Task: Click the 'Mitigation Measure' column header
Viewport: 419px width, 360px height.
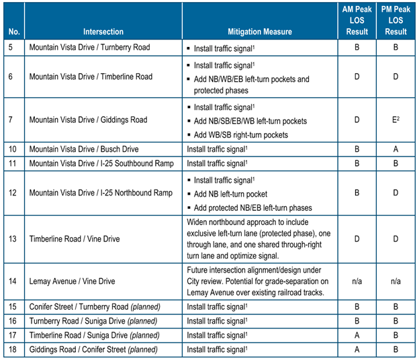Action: pos(259,32)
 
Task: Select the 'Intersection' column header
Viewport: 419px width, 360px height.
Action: pos(103,32)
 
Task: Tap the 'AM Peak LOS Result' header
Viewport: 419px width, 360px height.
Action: pos(357,21)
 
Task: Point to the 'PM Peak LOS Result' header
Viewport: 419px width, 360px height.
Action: pos(396,21)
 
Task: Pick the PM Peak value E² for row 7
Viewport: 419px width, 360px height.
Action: pos(396,120)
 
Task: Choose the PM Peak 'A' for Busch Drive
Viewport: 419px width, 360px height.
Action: pos(396,148)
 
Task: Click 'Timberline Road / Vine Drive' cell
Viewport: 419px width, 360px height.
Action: pos(75,237)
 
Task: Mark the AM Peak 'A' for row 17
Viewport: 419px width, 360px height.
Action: pos(357,334)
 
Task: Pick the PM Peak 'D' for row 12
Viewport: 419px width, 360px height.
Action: pos(396,193)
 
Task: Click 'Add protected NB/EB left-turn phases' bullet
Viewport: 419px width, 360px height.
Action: pos(252,207)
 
